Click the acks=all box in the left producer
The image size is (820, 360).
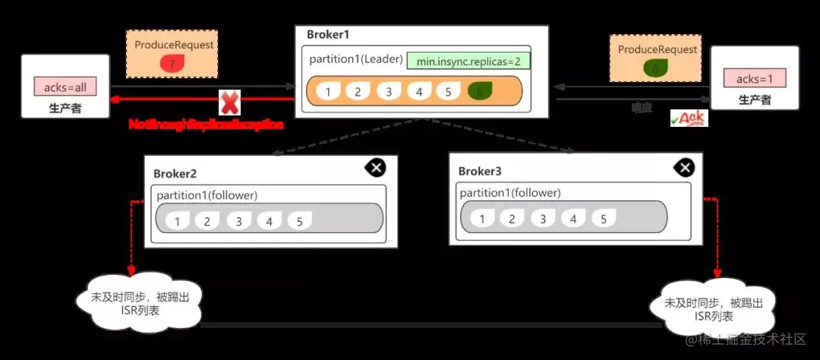65,87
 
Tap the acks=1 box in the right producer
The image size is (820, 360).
754,78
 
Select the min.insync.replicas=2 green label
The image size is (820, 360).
468,61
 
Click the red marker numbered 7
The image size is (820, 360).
172,65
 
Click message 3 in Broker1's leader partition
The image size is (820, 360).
388,92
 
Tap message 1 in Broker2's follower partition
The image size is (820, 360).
176,221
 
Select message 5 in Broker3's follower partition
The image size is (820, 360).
604,219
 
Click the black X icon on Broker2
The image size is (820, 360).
375,167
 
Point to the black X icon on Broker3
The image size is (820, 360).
684,168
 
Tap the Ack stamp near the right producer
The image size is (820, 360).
689,118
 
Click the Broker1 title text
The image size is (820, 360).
328,35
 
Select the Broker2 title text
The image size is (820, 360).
175,173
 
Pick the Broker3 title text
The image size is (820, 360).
480,171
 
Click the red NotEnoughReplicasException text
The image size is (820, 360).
206,124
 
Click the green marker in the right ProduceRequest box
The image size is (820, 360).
656,68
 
